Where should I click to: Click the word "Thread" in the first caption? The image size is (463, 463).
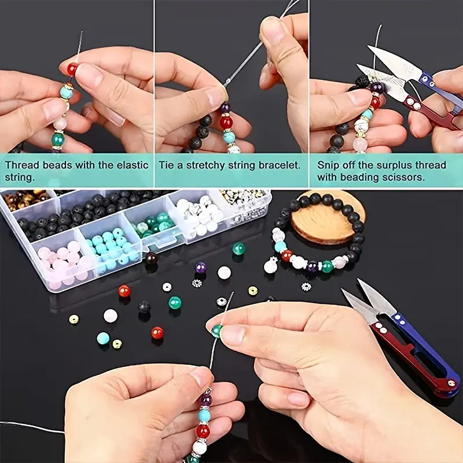[22, 165]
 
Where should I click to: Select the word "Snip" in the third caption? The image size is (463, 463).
[328, 166]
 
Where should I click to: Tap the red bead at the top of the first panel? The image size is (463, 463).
[72, 69]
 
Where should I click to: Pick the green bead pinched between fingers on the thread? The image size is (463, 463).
[217, 330]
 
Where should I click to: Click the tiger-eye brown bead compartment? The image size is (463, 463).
[27, 199]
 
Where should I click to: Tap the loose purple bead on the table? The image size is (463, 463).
[201, 267]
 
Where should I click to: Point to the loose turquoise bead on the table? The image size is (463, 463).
[103, 338]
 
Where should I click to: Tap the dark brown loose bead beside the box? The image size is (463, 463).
[152, 259]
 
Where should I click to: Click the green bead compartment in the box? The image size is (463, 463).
[153, 225]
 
